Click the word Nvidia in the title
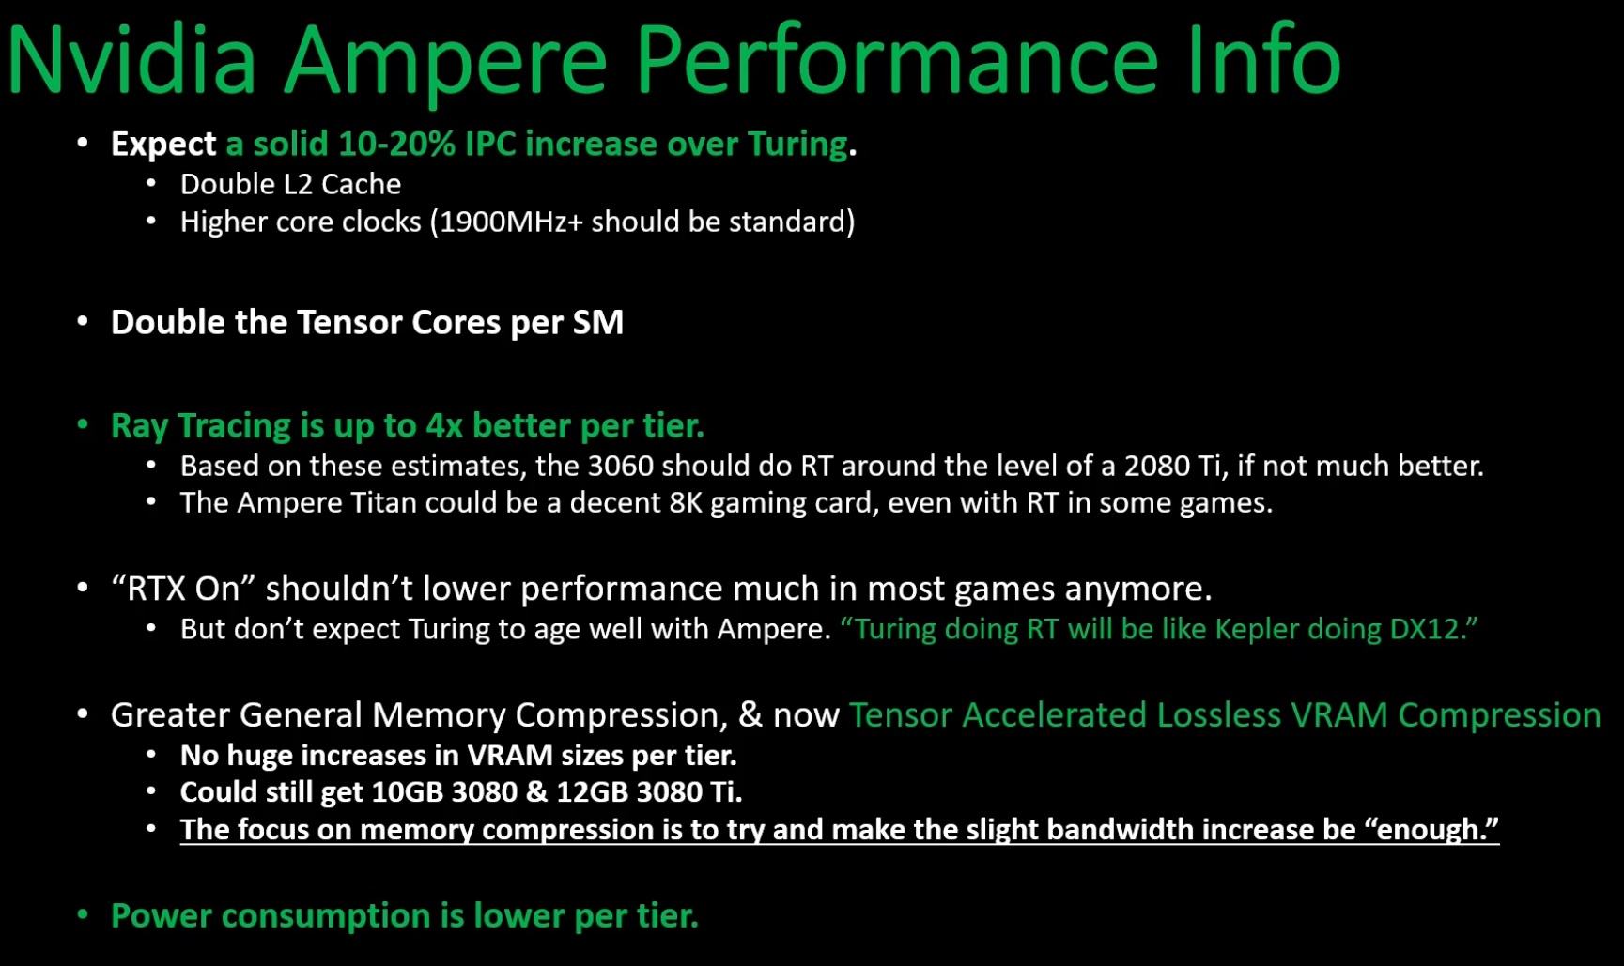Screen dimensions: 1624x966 click(131, 60)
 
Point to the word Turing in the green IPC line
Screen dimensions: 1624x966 click(797, 144)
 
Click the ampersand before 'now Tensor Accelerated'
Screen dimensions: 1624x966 click(750, 714)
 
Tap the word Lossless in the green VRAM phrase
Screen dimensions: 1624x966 click(1219, 714)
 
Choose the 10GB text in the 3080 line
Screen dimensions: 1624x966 click(407, 792)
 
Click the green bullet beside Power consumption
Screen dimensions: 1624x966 click(83, 915)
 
